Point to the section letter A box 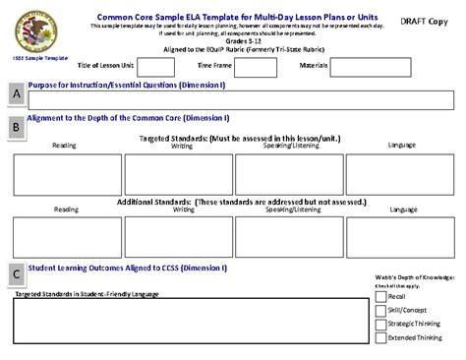[15, 93]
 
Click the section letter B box [15, 127]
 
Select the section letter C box [15, 274]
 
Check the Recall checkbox [380, 295]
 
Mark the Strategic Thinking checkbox [380, 323]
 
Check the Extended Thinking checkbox [380, 337]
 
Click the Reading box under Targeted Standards [67, 174]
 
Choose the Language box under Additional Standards [403, 237]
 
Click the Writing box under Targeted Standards [183, 174]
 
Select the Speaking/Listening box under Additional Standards [291, 237]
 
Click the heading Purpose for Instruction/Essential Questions [128, 85]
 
